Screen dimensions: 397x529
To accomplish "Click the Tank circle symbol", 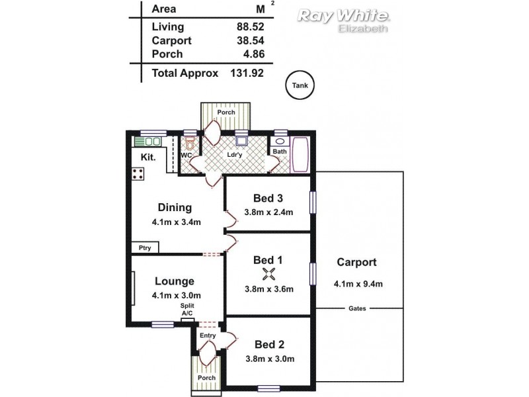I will coord(300,85).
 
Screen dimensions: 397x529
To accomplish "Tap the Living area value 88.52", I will coord(250,27).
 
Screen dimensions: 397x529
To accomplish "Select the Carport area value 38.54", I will coord(250,40).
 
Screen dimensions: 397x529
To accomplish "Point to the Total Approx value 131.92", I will coord(247,73).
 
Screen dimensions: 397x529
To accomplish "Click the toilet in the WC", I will coord(190,144).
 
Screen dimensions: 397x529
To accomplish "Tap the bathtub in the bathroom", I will coord(300,154).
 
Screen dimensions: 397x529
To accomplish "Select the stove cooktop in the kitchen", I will coord(138,174).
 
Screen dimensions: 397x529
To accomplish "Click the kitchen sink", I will coord(149,141).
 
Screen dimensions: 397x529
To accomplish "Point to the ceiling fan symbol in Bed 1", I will coord(268,275).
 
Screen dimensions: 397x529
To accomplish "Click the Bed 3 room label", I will coord(268,198).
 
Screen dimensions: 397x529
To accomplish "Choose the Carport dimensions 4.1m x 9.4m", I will coord(359,285).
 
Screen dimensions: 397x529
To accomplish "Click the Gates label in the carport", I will coord(358,308).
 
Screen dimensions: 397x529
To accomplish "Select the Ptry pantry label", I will coord(144,248).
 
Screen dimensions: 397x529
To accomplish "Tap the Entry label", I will coord(208,335).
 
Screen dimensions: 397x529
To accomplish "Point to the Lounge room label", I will coord(175,281).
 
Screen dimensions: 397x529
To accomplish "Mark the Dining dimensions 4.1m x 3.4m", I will coord(175,222).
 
